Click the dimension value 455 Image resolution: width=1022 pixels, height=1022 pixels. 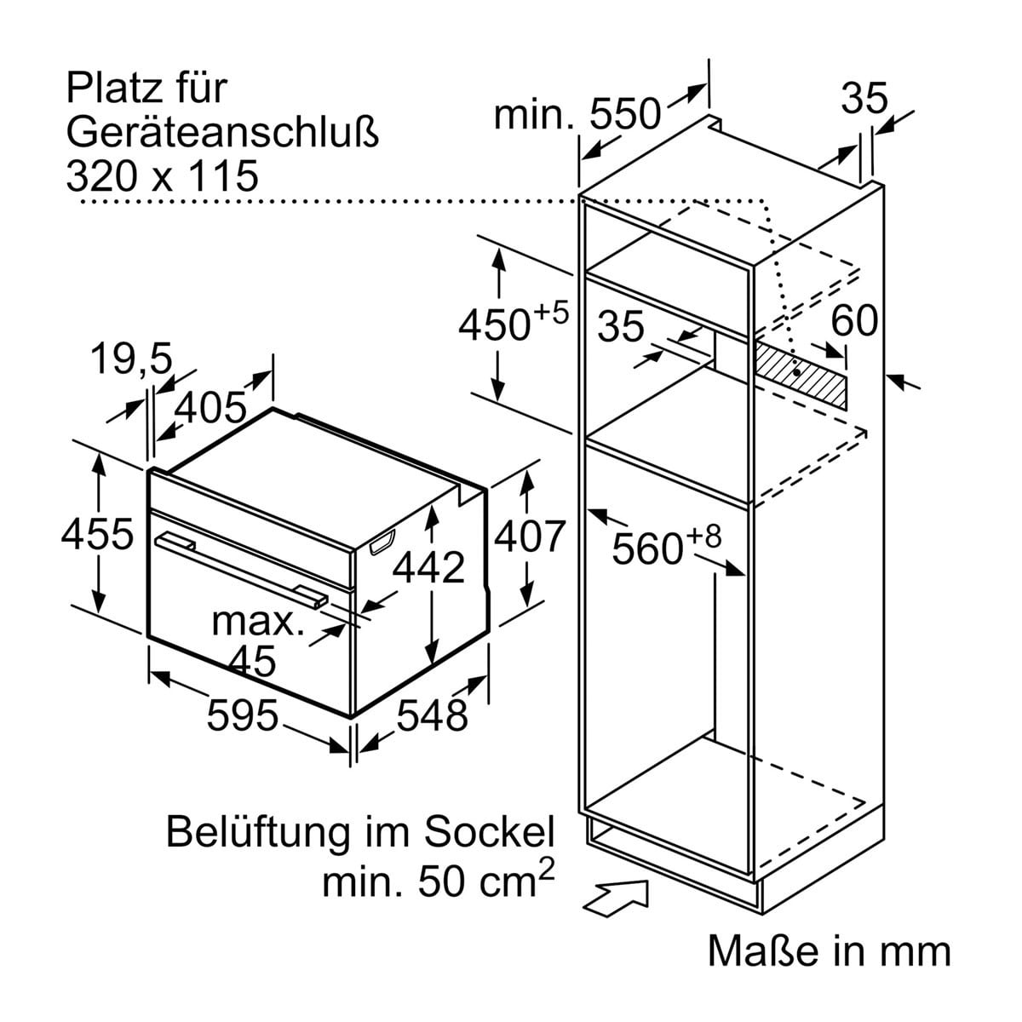point(97,534)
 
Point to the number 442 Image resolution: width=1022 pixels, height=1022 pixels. point(430,567)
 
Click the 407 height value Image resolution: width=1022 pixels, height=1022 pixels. point(530,536)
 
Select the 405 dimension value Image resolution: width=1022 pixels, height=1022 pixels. point(210,410)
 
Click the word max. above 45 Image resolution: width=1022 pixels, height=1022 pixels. point(258,621)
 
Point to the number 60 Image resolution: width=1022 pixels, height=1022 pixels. point(853,321)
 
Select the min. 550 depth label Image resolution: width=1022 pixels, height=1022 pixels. point(577,113)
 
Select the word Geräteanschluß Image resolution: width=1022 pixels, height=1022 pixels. point(221,132)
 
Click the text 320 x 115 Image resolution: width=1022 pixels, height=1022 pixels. point(162,175)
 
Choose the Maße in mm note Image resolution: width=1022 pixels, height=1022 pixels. point(829,951)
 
